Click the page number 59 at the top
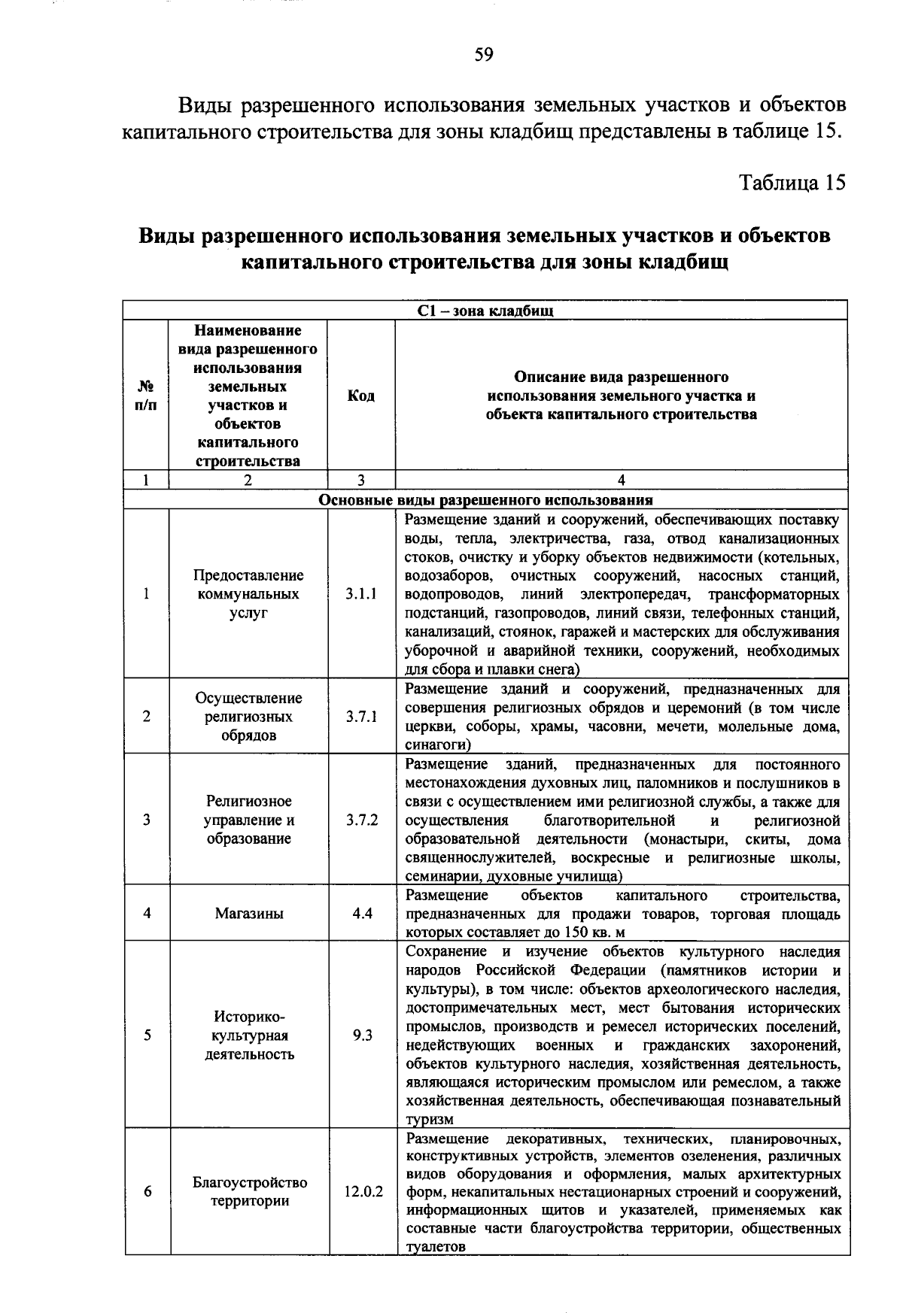click(x=484, y=55)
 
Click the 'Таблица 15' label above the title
click(x=793, y=183)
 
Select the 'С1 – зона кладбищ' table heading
click(x=485, y=311)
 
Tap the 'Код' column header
click(x=361, y=396)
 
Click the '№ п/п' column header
click(x=147, y=396)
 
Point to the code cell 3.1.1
click(x=361, y=594)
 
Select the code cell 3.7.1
click(x=361, y=717)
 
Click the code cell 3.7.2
click(x=361, y=820)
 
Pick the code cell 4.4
click(x=362, y=914)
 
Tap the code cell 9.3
click(x=362, y=1036)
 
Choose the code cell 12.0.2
click(x=363, y=1192)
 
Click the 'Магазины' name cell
click(x=249, y=914)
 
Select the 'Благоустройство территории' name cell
click(x=249, y=1192)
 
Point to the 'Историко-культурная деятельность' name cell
click(x=249, y=1036)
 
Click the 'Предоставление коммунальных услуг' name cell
click(x=249, y=594)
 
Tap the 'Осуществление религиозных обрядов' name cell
click(x=249, y=717)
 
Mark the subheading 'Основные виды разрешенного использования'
click(x=485, y=500)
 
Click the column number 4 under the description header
click(x=621, y=481)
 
